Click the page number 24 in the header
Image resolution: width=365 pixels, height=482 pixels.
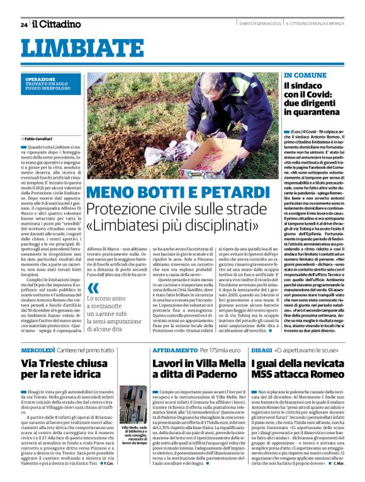point(23,25)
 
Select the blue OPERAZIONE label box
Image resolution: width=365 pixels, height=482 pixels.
point(50,84)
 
